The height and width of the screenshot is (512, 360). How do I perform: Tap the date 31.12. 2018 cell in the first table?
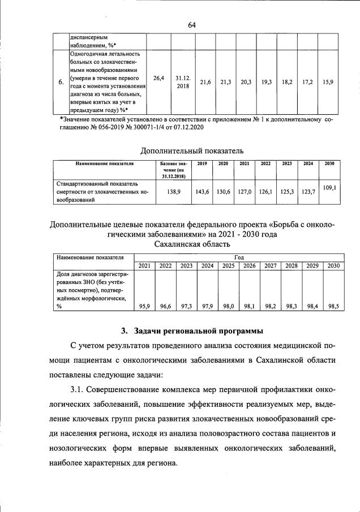[x=183, y=83]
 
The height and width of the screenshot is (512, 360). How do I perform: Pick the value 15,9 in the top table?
[x=327, y=82]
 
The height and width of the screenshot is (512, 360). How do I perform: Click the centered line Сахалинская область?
[x=192, y=244]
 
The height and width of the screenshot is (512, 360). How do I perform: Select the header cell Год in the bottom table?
[x=238, y=257]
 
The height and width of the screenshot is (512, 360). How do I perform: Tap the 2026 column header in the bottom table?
[x=250, y=266]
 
